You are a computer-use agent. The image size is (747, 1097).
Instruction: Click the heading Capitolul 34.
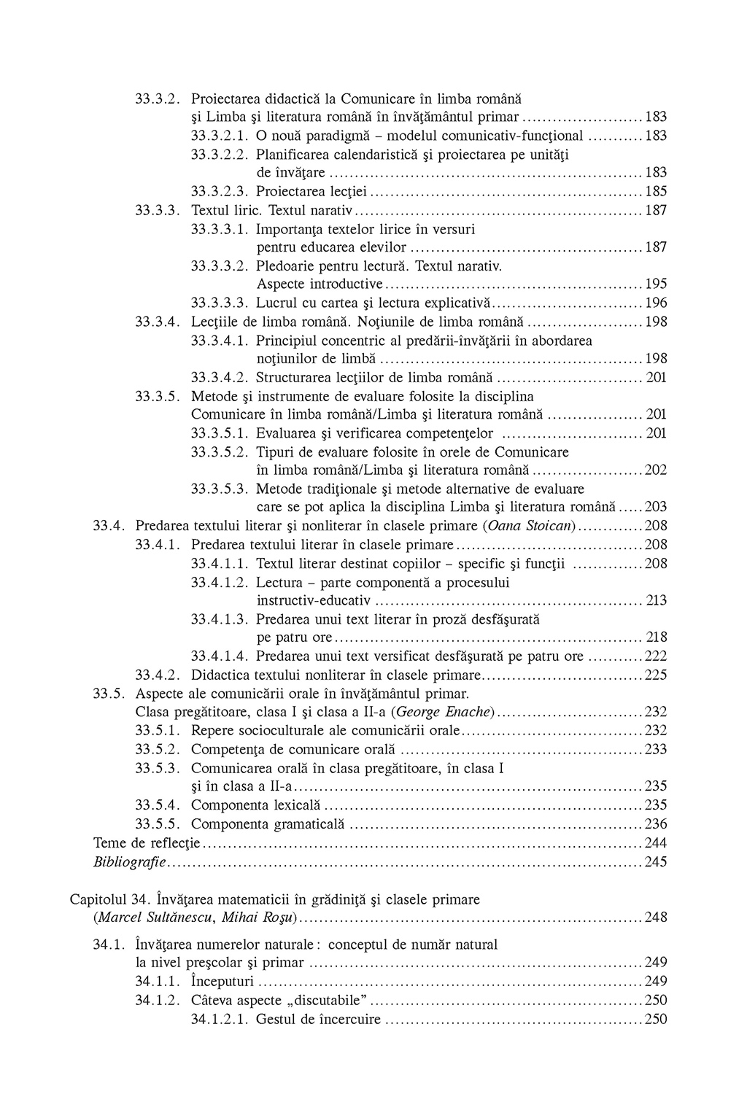tap(109, 899)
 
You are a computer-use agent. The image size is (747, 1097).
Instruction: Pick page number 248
tap(656, 918)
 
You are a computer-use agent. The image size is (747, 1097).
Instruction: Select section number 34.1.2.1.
tap(220, 1020)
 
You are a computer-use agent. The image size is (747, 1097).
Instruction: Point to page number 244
tap(656, 843)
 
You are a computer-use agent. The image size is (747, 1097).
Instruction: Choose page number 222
tap(656, 656)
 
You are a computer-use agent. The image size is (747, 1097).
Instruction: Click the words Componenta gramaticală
tap(267, 824)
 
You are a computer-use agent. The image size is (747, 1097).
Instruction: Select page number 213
tap(656, 601)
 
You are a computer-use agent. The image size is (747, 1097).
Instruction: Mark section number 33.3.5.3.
tap(220, 489)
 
